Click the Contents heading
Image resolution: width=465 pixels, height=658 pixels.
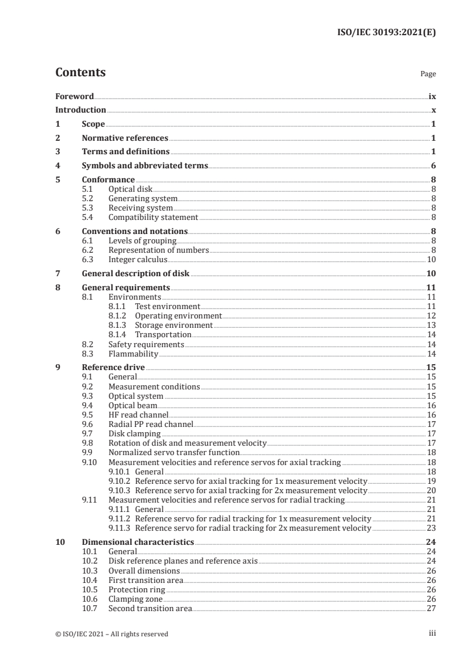[80, 73]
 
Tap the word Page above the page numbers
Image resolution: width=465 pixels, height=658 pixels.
[427, 74]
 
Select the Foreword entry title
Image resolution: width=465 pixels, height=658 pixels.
[74, 96]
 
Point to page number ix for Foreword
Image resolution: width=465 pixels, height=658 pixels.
[432, 96]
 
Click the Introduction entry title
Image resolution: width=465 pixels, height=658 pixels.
[80, 110]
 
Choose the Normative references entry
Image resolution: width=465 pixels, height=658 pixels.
[125, 138]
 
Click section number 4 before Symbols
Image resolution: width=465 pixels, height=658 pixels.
[57, 166]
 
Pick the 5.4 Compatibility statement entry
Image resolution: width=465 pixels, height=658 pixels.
[153, 217]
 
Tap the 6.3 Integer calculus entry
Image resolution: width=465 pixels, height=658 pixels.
[138, 259]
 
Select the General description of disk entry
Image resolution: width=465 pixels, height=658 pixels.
[135, 274]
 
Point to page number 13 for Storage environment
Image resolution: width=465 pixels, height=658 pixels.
[431, 325]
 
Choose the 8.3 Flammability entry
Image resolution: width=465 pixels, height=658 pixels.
[133, 354]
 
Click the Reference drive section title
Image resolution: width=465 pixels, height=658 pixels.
[113, 368]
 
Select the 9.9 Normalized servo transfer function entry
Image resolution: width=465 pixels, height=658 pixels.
[174, 453]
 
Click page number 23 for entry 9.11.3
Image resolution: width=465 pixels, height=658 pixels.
[431, 528]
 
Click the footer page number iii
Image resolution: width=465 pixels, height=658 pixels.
[432, 633]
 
